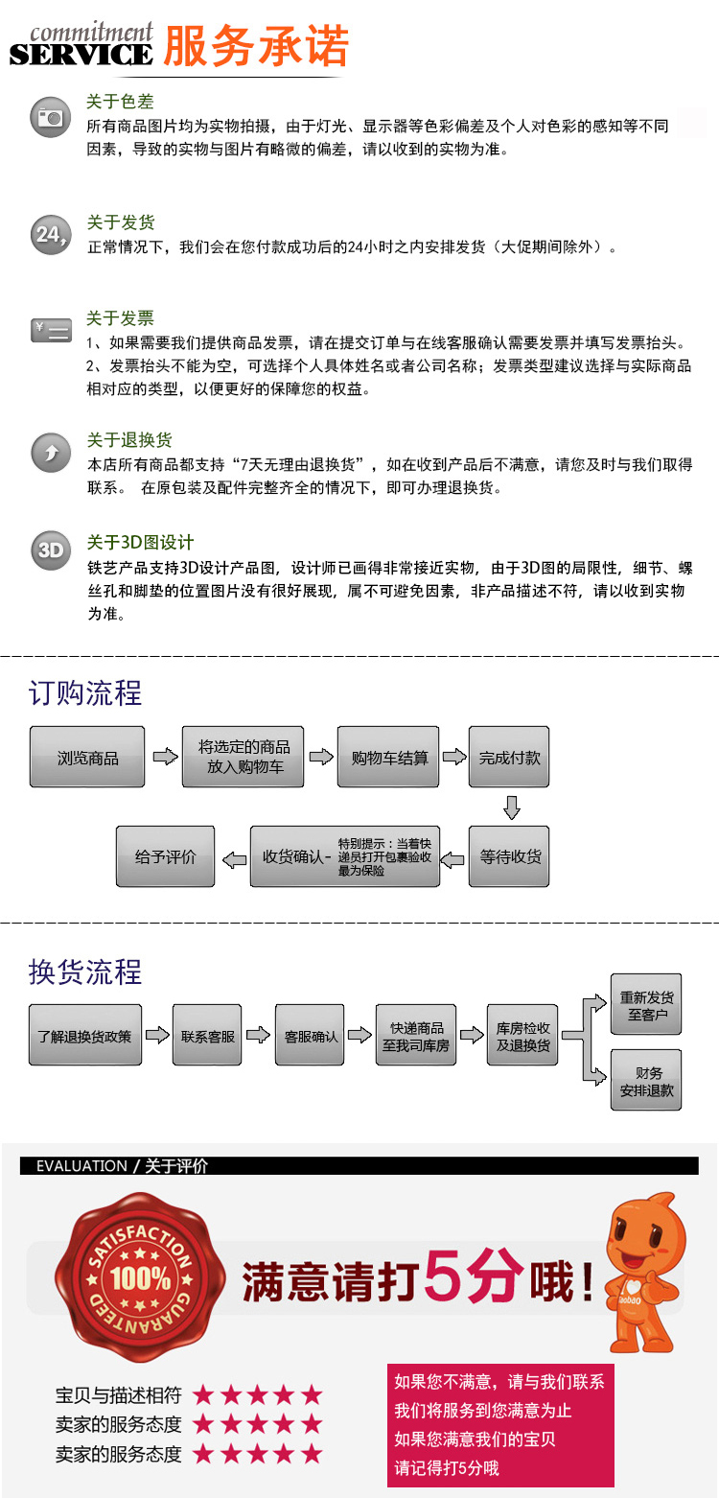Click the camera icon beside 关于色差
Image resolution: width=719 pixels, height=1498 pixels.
click(x=50, y=117)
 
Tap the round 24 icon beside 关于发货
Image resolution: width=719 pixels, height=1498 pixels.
click(x=50, y=234)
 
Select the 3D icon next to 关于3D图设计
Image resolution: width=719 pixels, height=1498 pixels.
click(x=50, y=550)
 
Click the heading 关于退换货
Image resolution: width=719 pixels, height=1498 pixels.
click(x=129, y=440)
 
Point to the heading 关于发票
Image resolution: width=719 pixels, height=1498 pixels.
click(x=120, y=318)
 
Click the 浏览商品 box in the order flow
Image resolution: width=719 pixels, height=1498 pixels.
click(x=87, y=758)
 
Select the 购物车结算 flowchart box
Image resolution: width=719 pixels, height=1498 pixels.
click(x=389, y=758)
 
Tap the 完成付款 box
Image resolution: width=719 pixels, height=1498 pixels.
click(x=509, y=758)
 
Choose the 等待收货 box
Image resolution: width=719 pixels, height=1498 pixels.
click(x=509, y=855)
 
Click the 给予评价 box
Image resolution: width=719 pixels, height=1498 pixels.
click(x=165, y=855)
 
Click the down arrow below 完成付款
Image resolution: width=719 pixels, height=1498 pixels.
click(x=511, y=808)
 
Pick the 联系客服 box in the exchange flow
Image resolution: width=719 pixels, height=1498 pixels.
click(x=208, y=1036)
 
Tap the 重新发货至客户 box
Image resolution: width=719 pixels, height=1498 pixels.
click(x=646, y=1005)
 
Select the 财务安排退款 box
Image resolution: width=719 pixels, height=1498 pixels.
click(x=646, y=1081)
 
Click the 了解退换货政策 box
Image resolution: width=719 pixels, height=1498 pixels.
click(x=85, y=1036)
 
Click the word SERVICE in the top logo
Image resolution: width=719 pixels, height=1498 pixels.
click(x=81, y=55)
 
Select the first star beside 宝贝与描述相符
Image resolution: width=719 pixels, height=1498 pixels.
click(x=202, y=1395)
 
